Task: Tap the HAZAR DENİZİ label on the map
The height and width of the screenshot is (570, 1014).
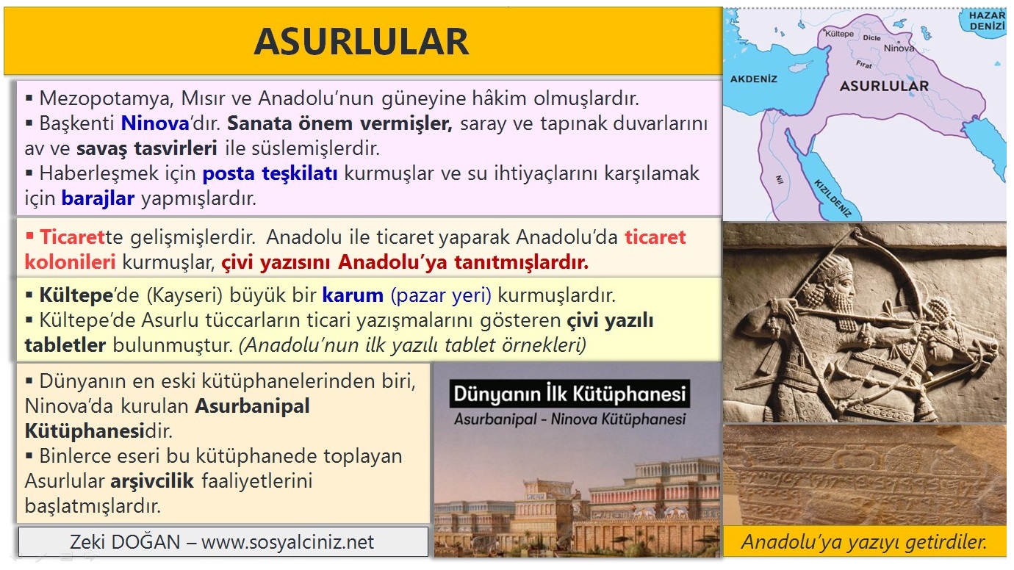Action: tap(986, 21)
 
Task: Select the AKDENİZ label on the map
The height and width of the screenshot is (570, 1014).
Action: tap(753, 79)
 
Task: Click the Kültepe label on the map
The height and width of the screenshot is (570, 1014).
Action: tap(839, 35)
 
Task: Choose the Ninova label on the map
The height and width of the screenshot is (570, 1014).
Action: tap(899, 48)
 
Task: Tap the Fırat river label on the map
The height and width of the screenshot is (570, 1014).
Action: tap(863, 65)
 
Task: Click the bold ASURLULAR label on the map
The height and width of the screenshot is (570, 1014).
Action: tap(884, 86)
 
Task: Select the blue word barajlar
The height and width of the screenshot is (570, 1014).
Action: tap(98, 198)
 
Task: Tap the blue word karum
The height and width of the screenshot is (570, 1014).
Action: tap(353, 295)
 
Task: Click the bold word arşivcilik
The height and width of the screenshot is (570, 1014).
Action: tap(152, 482)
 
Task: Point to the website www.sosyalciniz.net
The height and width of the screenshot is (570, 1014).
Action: tap(287, 542)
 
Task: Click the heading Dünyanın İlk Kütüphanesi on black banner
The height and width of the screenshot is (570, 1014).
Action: tap(569, 394)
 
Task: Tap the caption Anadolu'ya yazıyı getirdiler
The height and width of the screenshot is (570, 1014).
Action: tap(863, 542)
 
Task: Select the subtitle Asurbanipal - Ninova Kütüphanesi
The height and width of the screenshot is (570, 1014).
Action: tap(569, 419)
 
